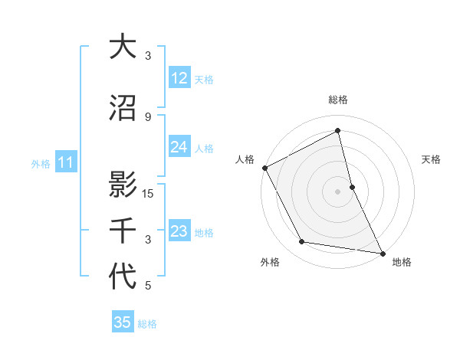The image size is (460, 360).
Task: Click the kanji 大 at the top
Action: click(122, 47)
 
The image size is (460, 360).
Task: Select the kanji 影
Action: click(122, 185)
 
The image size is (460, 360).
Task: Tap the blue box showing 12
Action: click(179, 78)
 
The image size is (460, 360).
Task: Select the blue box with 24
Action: click(179, 148)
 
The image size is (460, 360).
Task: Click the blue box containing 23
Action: click(179, 232)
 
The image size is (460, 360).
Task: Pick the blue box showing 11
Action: click(65, 162)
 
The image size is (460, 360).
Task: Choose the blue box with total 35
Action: click(123, 322)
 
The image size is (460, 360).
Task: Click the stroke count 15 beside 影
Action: click(149, 193)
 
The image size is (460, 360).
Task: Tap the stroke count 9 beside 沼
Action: click(148, 116)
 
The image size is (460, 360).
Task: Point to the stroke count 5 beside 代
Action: click(148, 286)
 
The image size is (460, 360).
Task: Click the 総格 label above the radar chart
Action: click(337, 100)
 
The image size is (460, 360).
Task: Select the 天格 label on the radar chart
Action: click(431, 159)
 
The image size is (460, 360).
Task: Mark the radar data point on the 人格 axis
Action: click(264, 168)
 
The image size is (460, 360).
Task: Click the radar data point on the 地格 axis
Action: click(382, 252)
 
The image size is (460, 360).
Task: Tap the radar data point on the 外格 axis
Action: click(301, 242)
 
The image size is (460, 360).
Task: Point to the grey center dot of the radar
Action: click(337, 191)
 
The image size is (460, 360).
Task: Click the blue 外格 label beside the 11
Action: click(41, 163)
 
